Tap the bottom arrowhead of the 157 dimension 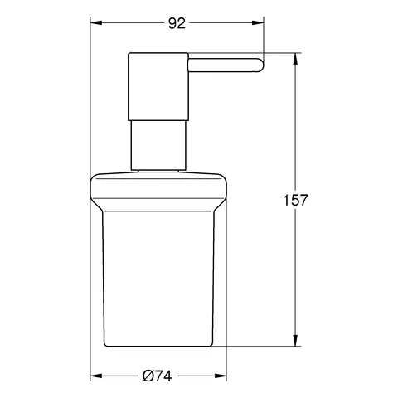tap(297, 340)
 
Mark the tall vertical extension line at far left tap(90, 199)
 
